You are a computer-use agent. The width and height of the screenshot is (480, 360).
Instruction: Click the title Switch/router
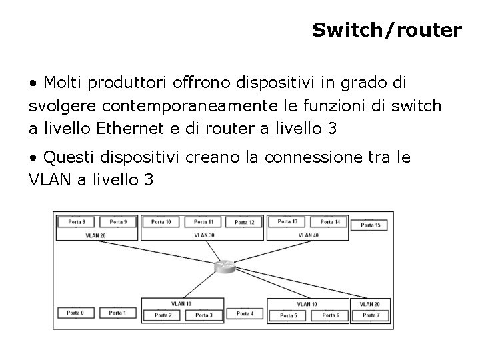pos(387,30)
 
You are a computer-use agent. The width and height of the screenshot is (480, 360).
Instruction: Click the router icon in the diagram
pos(225,267)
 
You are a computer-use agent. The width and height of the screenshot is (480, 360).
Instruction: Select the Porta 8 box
pos(77,222)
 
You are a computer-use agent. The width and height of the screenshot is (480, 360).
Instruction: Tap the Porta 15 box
pos(371,225)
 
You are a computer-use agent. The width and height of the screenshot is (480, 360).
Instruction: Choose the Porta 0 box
pos(75,313)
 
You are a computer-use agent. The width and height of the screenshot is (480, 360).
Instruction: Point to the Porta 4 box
pos(245,313)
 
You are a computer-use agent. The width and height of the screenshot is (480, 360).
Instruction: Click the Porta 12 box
pos(245,222)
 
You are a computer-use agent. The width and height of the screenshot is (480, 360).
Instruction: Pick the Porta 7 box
pos(371,315)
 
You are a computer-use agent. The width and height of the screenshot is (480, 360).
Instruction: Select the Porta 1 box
pos(117,313)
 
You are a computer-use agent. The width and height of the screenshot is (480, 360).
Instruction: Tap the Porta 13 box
pos(287,221)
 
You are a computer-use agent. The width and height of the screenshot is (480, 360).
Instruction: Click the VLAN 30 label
pos(204,235)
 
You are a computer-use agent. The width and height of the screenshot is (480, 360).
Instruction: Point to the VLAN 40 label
pos(308,235)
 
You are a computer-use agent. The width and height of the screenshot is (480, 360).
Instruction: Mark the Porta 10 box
pos(161,222)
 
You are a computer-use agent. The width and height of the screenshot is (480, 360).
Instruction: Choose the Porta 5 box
pos(288,315)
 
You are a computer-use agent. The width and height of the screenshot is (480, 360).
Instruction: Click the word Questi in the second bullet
pos(69,157)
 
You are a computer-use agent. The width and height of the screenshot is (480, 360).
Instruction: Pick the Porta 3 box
pos(204,315)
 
